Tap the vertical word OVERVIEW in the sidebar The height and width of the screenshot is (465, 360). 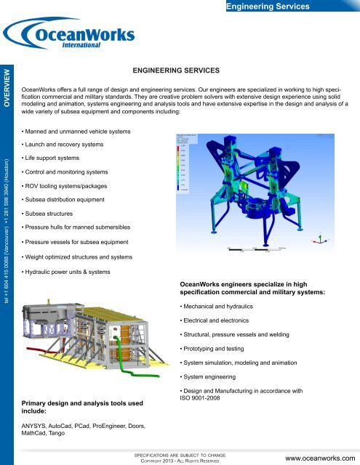8,87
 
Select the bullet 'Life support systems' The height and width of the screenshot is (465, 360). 52,158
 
